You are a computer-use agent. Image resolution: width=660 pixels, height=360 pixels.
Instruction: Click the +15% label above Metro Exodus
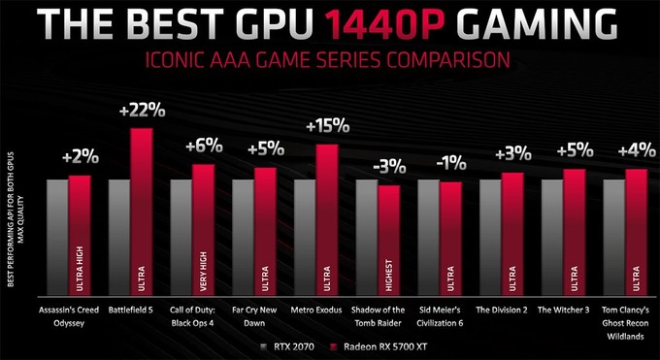click(x=326, y=127)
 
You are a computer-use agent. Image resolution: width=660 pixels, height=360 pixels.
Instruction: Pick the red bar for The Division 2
click(x=512, y=233)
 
